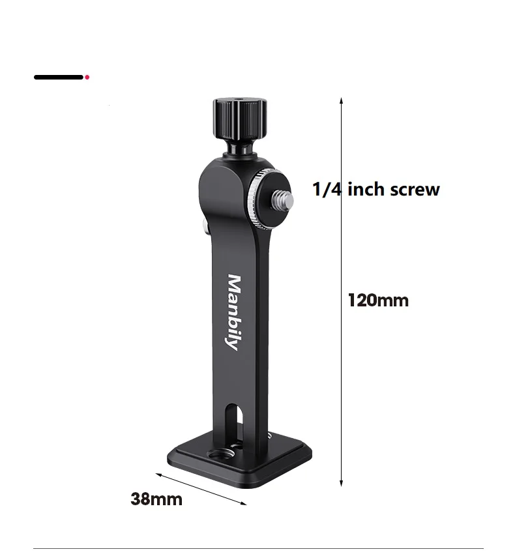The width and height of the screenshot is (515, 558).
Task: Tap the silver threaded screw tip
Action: [x=284, y=199]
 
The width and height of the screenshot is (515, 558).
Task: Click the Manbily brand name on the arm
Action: [x=234, y=312]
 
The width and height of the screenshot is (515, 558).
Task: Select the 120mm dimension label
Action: [x=378, y=301]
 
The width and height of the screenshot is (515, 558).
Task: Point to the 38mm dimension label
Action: [x=156, y=499]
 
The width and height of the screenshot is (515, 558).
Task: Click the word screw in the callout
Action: [x=415, y=189]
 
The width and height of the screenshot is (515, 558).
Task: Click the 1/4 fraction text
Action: [x=327, y=189]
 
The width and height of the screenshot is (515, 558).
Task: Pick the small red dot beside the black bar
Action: [x=87, y=77]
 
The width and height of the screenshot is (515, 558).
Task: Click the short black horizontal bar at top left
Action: [x=59, y=77]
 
